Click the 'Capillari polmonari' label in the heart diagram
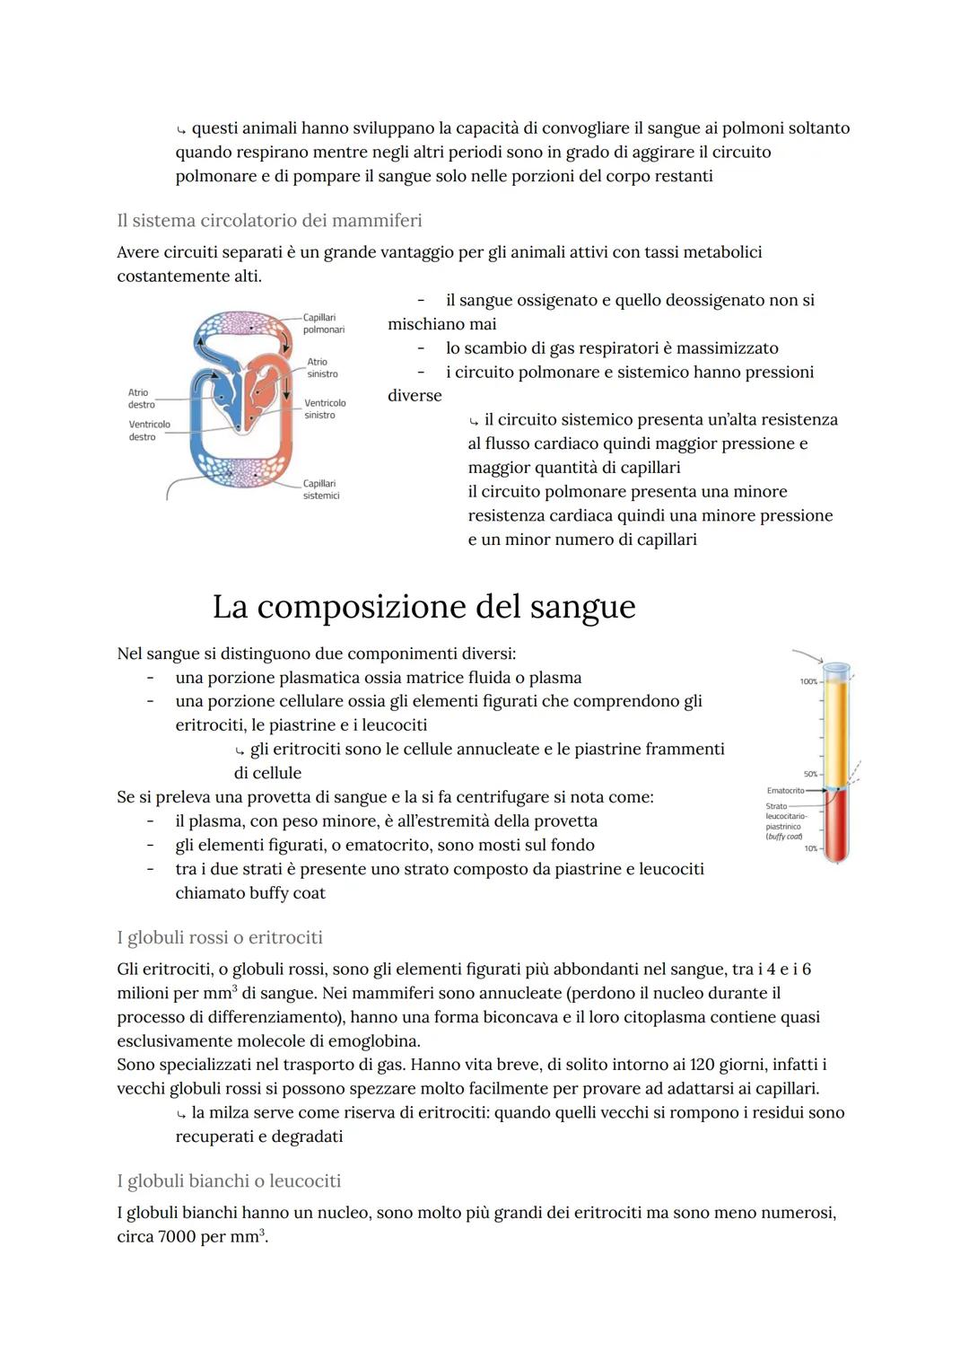click(x=323, y=324)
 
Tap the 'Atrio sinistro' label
click(x=322, y=368)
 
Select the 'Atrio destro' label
click(x=139, y=399)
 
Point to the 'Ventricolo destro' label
click(x=149, y=430)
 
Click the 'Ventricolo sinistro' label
click(x=324, y=409)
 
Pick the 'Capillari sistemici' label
click(x=321, y=489)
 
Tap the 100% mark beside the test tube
click(x=808, y=682)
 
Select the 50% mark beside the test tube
click(x=810, y=774)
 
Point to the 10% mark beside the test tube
click(x=811, y=848)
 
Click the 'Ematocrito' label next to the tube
click(x=785, y=791)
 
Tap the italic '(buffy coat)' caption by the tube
click(x=783, y=837)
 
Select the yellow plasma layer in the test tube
click(x=836, y=727)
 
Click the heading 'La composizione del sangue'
click(x=423, y=607)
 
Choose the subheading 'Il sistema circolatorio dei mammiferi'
click(x=269, y=220)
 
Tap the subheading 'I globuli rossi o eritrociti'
click(x=220, y=937)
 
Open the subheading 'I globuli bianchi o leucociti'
click(x=229, y=1180)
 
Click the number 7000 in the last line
click(x=178, y=1236)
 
